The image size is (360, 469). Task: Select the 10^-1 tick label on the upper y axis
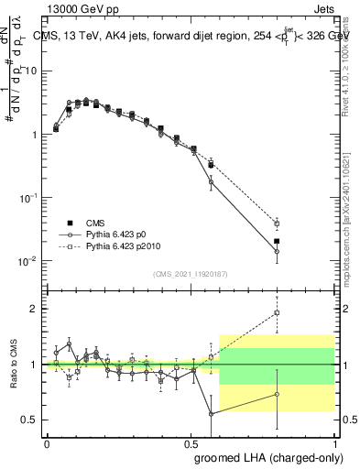(28, 198)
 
